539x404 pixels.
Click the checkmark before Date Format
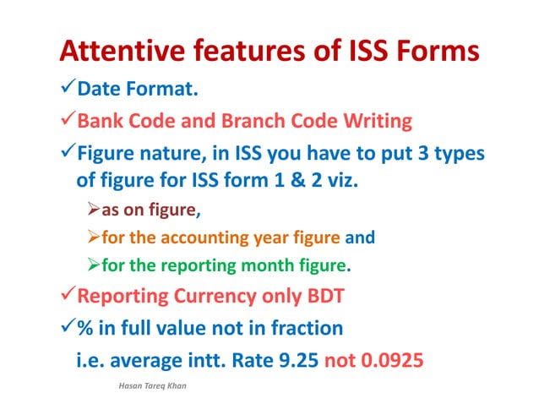[68, 90]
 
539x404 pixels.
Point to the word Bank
[101, 121]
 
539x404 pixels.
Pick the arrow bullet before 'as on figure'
[94, 210]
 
